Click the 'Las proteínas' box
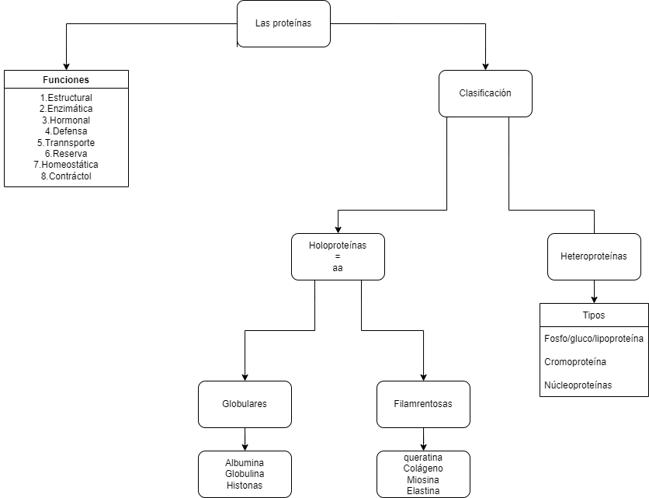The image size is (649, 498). tap(283, 23)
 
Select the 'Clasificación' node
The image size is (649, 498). tap(485, 93)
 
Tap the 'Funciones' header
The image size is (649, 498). tap(66, 79)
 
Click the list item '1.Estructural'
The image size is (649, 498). tap(66, 98)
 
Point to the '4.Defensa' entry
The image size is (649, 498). tap(66, 131)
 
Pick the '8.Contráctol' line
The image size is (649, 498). tap(66, 176)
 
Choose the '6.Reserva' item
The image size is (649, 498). tap(66, 154)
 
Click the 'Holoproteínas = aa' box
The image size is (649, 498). tap(338, 256)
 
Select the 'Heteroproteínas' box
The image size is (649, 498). tap(594, 256)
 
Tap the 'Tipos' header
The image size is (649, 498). tap(594, 315)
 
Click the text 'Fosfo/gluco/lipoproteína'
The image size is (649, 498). tap(594, 339)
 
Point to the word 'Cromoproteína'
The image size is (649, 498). tap(575, 362)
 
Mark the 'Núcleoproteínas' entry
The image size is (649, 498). tap(578, 385)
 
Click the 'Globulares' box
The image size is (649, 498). tap(245, 404)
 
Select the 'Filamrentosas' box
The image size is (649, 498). tap(423, 404)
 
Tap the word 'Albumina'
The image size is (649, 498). tap(245, 463)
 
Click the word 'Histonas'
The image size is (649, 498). tap(245, 485)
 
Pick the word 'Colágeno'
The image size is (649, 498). tap(423, 468)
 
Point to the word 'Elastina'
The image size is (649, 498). tap(423, 490)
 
